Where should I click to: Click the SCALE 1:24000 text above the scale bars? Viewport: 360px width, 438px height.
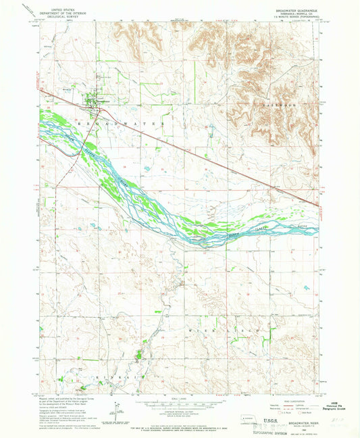[x=179, y=399]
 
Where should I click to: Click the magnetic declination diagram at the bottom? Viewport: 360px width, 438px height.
[x=118, y=410]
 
